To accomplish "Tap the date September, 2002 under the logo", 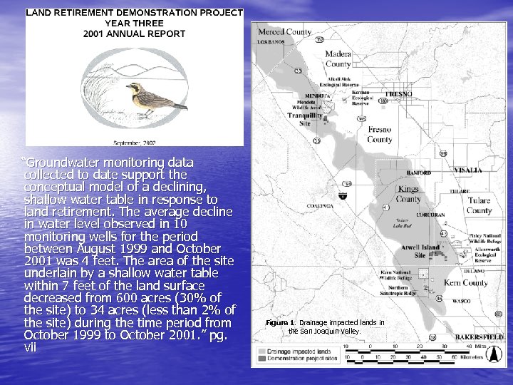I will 135,142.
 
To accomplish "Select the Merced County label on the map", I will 284,32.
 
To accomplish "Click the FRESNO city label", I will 398,94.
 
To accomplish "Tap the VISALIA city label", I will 467,170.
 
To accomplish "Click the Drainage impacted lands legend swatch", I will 262,351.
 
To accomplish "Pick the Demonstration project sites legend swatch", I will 262,359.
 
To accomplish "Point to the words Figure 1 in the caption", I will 281,323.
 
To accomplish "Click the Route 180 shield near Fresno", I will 384,101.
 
